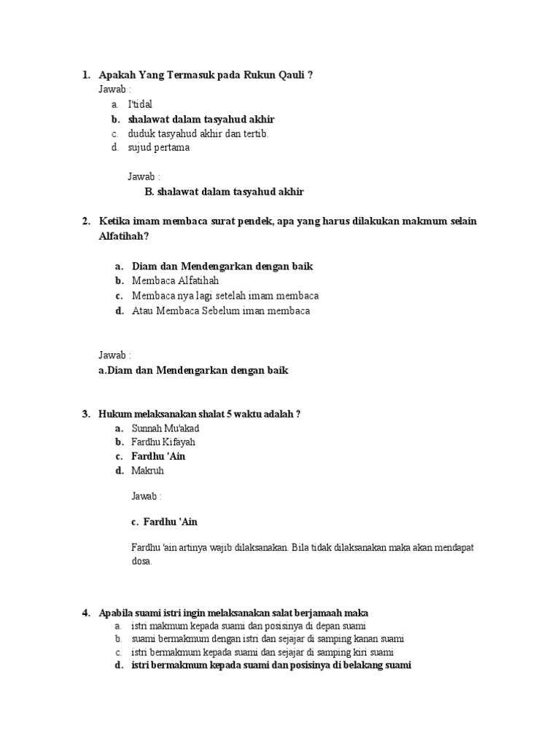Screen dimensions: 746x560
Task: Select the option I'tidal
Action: [140, 104]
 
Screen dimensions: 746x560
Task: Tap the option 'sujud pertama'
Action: [158, 147]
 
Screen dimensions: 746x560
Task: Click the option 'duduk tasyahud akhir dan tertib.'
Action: [198, 133]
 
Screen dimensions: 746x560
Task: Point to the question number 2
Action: [85, 221]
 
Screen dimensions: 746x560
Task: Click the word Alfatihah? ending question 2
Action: [128, 236]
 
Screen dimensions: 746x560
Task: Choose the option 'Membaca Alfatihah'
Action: [175, 280]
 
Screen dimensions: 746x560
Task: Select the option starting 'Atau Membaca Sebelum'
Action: [221, 310]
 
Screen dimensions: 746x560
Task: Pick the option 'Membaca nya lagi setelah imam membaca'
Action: [225, 296]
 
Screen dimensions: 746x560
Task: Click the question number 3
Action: [85, 414]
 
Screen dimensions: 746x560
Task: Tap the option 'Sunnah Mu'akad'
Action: [165, 428]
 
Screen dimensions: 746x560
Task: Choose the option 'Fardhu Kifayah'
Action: [163, 441]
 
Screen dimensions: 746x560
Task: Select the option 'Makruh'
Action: [147, 471]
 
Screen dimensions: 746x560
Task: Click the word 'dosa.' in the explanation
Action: [141, 562]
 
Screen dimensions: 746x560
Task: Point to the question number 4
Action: [85, 612]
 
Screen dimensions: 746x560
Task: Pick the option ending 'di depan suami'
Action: [248, 626]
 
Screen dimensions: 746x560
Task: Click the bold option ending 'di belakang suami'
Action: [271, 665]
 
